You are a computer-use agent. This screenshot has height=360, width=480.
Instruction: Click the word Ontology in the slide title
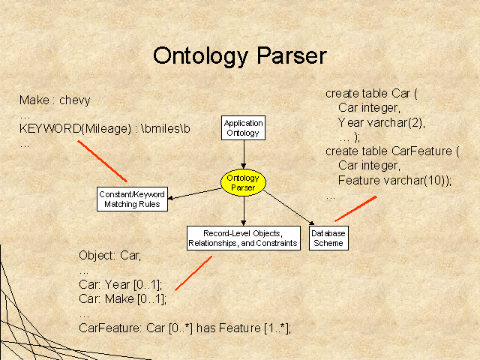pos(200,56)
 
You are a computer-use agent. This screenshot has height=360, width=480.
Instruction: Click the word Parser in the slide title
pos(292,55)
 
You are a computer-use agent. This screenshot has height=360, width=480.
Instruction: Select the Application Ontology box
pos(243,128)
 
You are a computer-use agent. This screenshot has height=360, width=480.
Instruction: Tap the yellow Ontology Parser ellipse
pos(243,182)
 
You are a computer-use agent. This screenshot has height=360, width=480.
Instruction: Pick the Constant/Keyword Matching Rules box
pos(132,199)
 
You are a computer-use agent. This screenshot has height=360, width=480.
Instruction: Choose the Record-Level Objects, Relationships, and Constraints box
pos(244,238)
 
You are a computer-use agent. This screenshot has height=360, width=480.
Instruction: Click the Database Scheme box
pos(328,238)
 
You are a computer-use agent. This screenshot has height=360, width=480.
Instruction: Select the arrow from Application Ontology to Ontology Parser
pos(244,154)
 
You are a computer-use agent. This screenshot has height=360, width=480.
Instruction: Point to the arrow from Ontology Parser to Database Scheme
pos(289,208)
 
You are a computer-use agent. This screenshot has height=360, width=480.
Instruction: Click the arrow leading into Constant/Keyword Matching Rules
pos(195,193)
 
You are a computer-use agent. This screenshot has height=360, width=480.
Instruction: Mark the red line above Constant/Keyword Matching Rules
pos(102,161)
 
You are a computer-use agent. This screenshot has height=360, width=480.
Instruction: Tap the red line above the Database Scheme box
pos(355,208)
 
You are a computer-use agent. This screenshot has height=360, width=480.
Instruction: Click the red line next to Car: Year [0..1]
pos(193,273)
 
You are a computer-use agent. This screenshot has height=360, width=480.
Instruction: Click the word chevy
pos(75,100)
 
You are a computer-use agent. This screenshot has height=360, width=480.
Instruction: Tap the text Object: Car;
pos(110,255)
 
